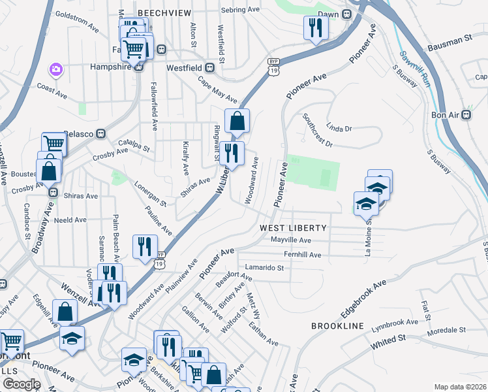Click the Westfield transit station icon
point(210,67)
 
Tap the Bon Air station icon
point(466,114)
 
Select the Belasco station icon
point(101,133)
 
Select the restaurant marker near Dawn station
point(314,27)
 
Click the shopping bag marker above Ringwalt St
point(237,120)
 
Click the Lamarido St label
point(264,267)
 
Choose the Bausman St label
point(450,44)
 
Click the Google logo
point(22,384)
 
